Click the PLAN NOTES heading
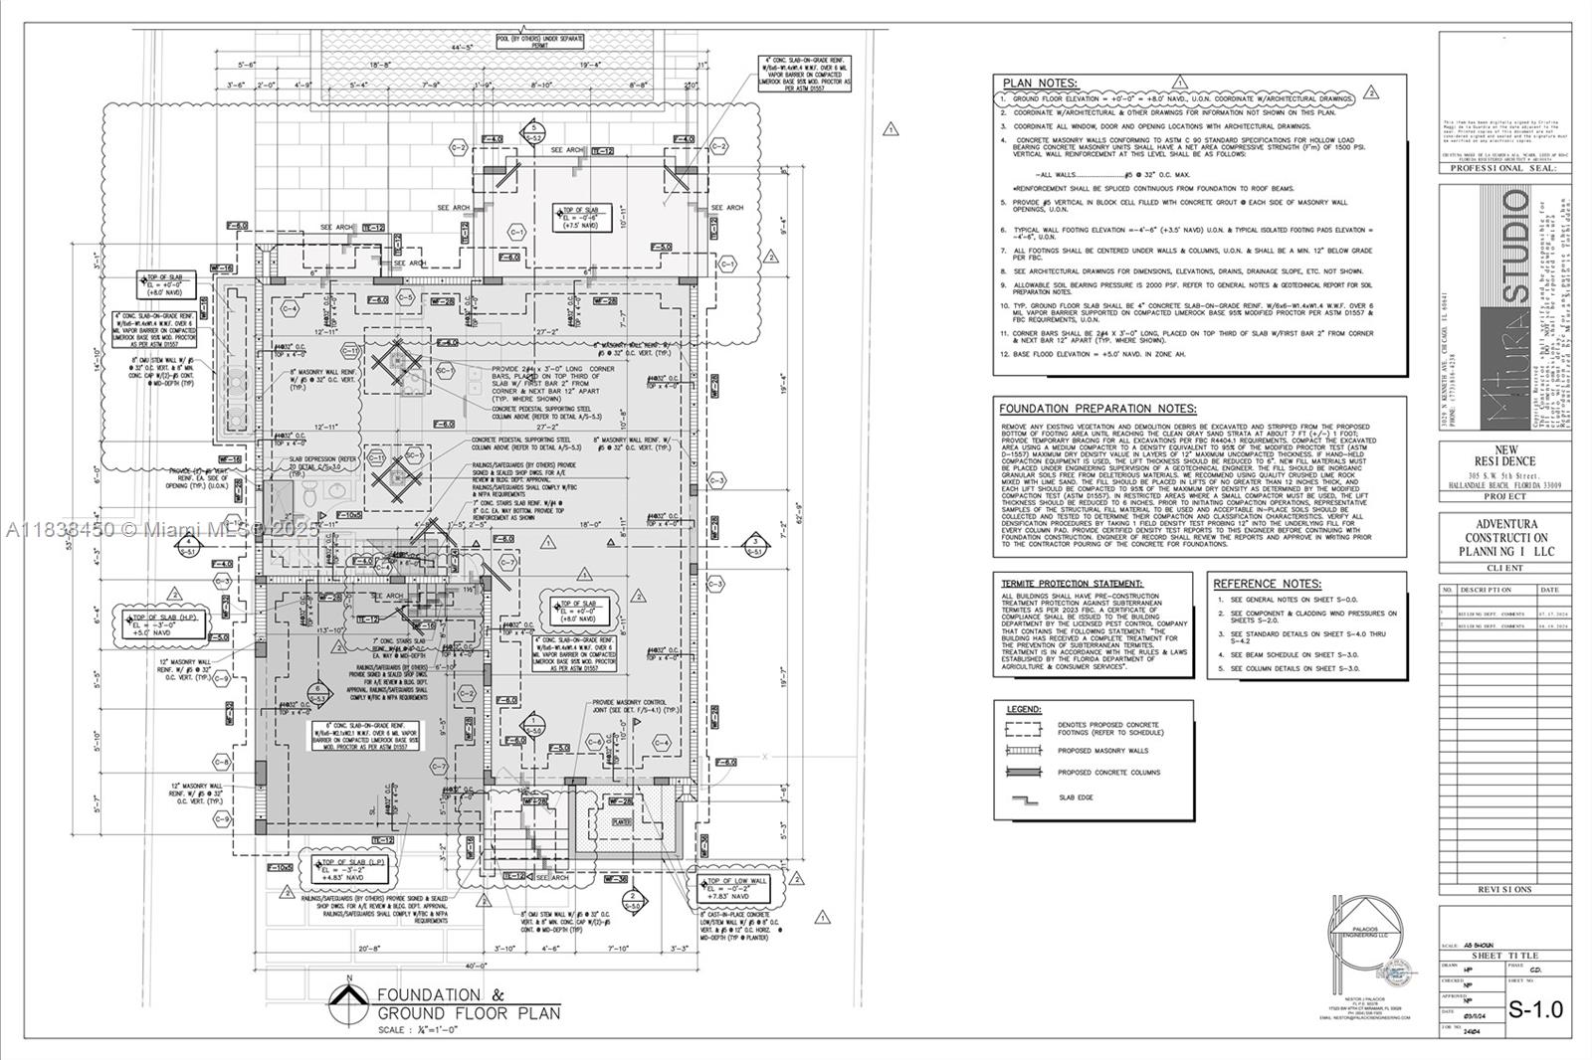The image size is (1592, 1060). click(x=1040, y=84)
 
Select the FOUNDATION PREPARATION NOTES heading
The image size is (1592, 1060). click(x=1097, y=409)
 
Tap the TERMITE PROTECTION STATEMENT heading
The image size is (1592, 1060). click(x=1072, y=584)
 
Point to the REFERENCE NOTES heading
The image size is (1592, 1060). click(x=1267, y=584)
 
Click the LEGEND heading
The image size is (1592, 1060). click(x=1023, y=709)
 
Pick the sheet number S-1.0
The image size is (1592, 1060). click(x=1535, y=1010)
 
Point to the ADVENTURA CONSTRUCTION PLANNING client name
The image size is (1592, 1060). click(x=1505, y=537)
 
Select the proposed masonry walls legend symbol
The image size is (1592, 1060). click(x=1023, y=751)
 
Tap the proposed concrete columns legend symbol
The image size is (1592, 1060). click(x=1023, y=773)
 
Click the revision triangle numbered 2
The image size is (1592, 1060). click(x=1371, y=92)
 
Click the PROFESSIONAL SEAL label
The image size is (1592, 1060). click(x=1504, y=168)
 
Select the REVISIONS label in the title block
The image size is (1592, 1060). click(x=1504, y=889)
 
